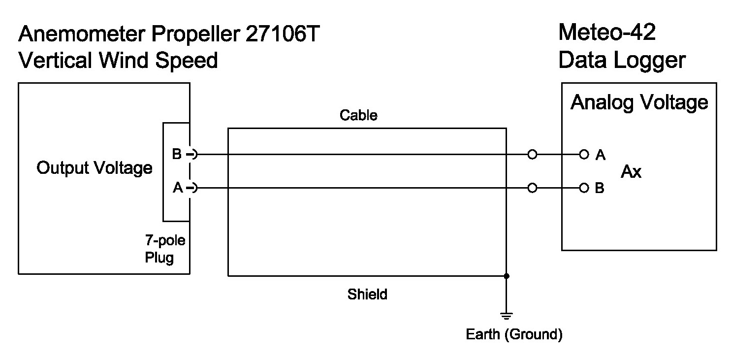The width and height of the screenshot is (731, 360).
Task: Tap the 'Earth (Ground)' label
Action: tap(514, 335)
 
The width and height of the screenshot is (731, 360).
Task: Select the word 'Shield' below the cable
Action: tap(367, 295)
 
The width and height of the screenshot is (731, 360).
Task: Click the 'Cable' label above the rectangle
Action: tap(358, 115)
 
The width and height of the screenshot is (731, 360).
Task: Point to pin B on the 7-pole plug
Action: tap(193, 155)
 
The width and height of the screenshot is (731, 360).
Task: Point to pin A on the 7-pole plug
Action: tap(193, 188)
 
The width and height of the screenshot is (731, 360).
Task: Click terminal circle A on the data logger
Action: tap(584, 155)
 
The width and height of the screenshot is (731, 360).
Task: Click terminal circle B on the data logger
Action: tap(584, 188)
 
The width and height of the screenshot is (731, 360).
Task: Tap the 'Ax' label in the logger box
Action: tap(631, 172)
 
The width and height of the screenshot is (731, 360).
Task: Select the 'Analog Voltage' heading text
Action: tap(639, 102)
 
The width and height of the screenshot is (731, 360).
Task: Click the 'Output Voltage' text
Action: tap(95, 168)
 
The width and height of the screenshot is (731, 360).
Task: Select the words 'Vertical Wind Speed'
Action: tap(118, 61)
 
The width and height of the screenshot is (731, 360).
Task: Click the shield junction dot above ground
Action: tap(507, 276)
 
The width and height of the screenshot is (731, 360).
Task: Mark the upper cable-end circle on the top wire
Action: tap(532, 155)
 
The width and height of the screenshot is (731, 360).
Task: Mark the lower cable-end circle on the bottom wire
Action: tap(532, 188)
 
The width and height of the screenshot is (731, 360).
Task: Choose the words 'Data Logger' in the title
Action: tap(622, 61)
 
